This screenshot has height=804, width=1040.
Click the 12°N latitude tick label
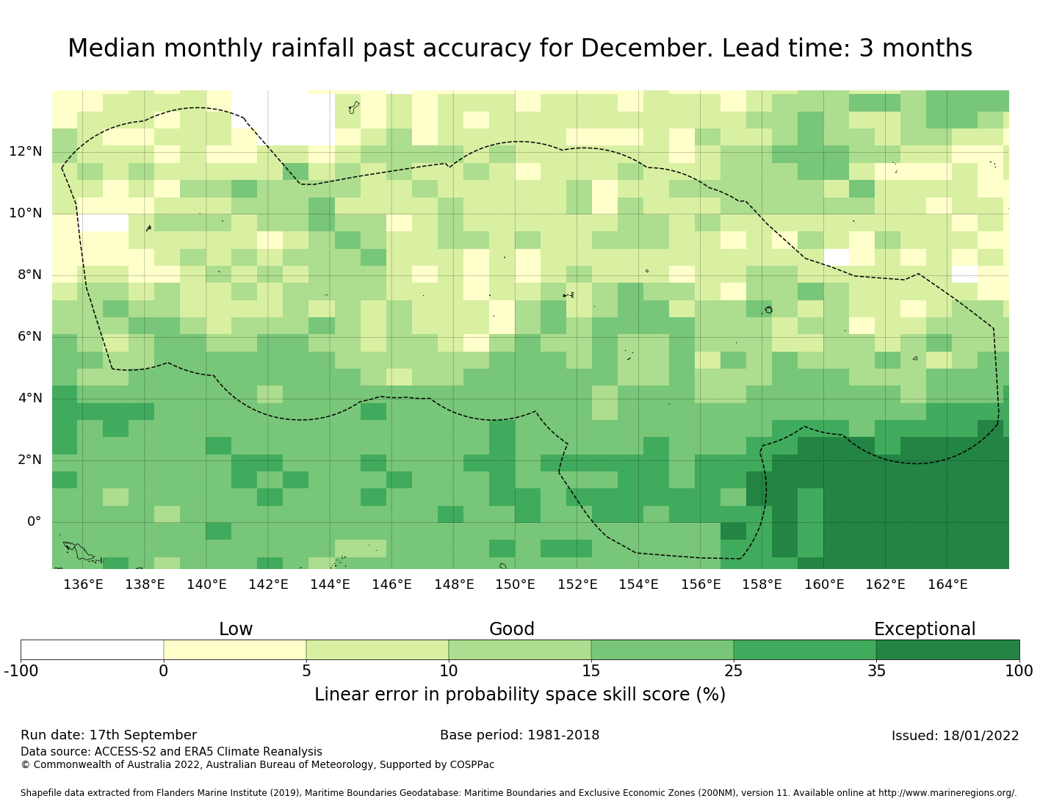click(x=26, y=152)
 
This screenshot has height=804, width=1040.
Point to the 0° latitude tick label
click(x=35, y=522)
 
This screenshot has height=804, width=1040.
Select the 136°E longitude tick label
click(x=83, y=584)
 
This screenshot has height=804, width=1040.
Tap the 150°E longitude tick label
click(x=515, y=584)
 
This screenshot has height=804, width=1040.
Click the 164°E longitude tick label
click(x=947, y=584)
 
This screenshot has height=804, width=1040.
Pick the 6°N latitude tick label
click(x=26, y=337)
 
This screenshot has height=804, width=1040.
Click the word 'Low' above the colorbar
click(x=236, y=629)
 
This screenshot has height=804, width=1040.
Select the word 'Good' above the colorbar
click(x=512, y=629)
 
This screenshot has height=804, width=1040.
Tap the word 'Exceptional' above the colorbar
click(x=925, y=629)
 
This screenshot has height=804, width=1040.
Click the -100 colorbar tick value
click(x=21, y=670)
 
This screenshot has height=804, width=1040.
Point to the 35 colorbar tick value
click(x=876, y=670)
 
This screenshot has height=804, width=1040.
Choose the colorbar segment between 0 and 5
click(x=235, y=650)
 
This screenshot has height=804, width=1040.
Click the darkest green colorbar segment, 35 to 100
click(x=947, y=650)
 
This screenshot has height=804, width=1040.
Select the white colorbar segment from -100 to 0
click(x=92, y=650)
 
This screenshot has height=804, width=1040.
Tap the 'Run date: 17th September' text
click(x=109, y=735)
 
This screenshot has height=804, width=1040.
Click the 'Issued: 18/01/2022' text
click(x=955, y=736)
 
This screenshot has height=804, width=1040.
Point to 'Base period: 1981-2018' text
click(x=519, y=735)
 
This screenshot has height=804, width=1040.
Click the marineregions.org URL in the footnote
click(x=947, y=793)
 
